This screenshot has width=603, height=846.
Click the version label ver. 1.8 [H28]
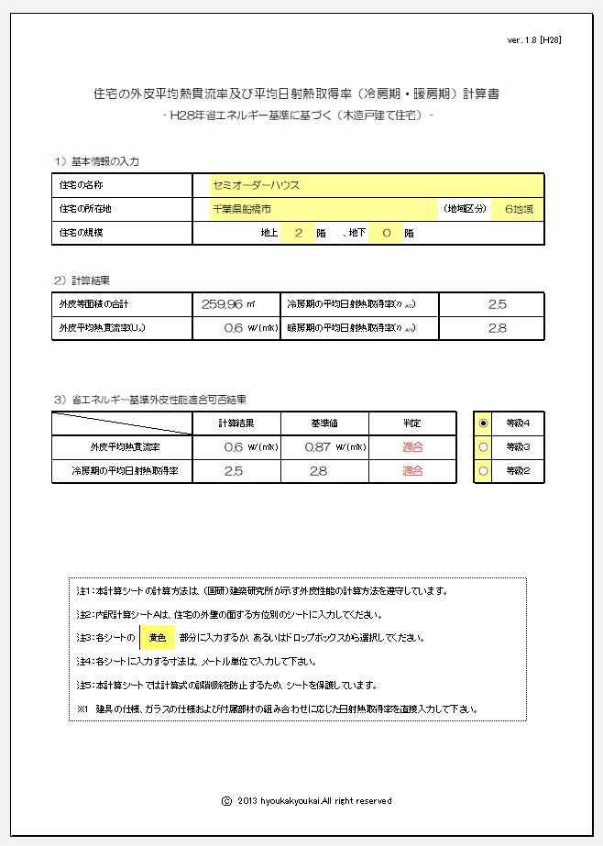533,40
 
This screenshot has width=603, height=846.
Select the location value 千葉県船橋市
241,209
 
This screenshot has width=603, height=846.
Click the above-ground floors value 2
298,233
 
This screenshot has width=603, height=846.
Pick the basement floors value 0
386,233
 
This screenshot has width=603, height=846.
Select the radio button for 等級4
483,423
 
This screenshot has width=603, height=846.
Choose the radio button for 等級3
483,447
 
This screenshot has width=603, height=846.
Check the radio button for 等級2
483,471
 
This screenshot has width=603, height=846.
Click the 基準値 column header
325,423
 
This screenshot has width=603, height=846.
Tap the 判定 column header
412,423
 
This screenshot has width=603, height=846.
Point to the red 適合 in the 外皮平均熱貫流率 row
412,447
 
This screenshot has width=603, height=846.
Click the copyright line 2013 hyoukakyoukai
308,800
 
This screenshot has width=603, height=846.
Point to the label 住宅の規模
81,233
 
